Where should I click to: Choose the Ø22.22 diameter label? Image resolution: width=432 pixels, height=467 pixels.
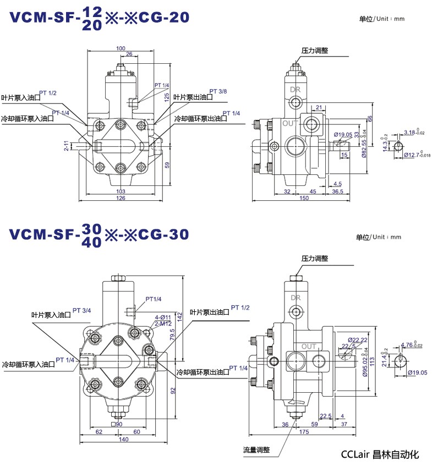(358, 339)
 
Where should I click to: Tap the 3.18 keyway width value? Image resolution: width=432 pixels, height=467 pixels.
(413, 132)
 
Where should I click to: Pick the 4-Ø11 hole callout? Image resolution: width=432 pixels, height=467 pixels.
(163, 317)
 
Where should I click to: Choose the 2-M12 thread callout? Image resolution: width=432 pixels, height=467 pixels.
(163, 323)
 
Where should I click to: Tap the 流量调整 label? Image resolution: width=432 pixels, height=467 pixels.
(256, 449)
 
